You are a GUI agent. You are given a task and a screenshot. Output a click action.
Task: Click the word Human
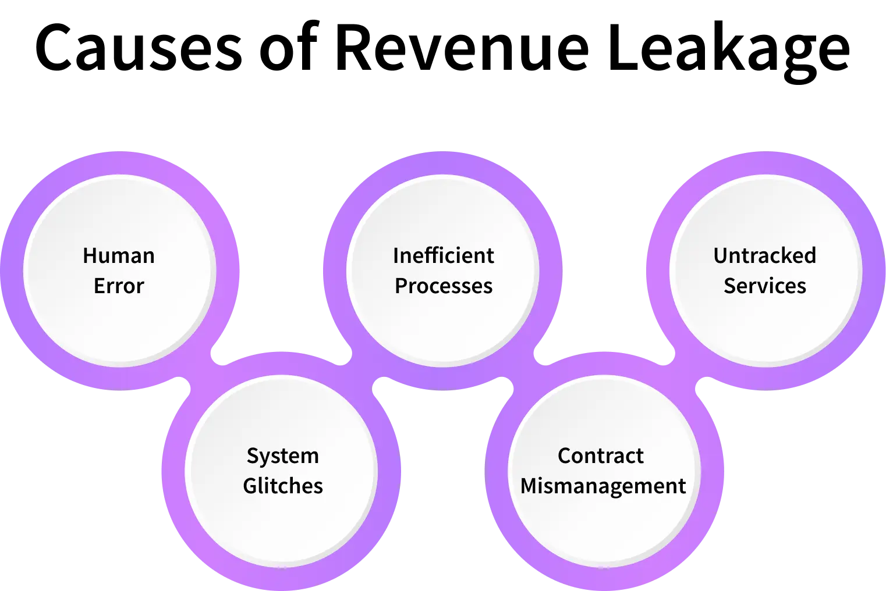119,256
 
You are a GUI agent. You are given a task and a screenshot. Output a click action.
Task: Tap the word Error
119,286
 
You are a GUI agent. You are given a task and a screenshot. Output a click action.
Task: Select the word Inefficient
443,256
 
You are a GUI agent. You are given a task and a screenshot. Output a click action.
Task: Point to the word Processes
443,286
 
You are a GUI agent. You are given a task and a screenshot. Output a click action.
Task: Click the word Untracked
764,256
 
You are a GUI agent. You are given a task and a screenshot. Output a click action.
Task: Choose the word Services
764,286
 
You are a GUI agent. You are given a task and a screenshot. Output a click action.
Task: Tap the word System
282,456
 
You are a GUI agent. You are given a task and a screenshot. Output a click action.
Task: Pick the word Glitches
282,486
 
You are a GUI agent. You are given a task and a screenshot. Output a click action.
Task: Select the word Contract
600,456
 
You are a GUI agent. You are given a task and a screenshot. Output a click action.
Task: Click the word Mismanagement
603,486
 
